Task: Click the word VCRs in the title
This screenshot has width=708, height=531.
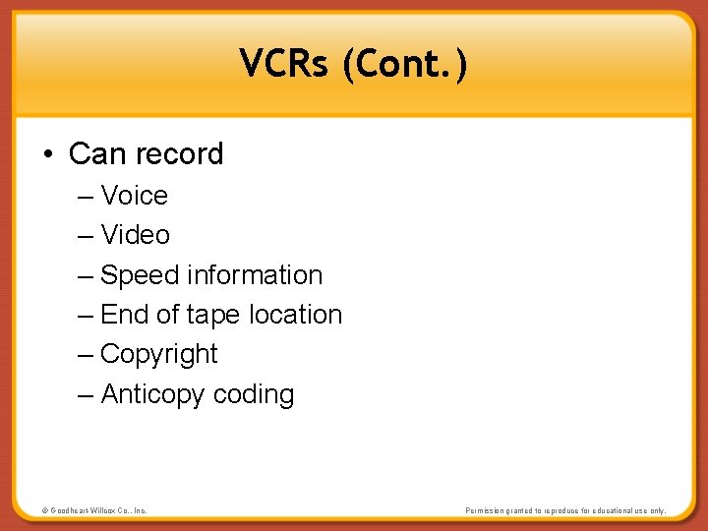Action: click(284, 65)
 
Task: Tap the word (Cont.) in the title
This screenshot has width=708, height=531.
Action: click(405, 66)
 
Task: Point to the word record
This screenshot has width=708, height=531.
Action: click(179, 154)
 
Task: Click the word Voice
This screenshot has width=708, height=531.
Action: click(134, 196)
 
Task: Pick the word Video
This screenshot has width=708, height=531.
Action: click(135, 235)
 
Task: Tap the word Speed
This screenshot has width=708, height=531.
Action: click(140, 275)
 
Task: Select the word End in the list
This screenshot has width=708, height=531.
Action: click(124, 315)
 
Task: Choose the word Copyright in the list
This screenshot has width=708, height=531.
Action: click(159, 355)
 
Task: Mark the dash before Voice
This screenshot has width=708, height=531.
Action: click(85, 196)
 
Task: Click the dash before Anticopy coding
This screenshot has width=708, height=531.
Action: click(85, 395)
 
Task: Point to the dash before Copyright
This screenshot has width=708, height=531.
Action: click(85, 355)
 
